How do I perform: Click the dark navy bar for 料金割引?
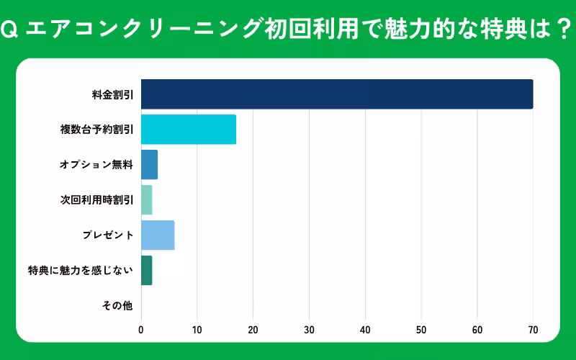(x=337, y=94)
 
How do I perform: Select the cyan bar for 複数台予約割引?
(x=189, y=130)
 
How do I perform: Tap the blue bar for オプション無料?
(x=149, y=165)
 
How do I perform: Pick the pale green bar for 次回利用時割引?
(x=146, y=200)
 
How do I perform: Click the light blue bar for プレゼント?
(x=158, y=235)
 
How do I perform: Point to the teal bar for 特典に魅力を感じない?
(x=146, y=271)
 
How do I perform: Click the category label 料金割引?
(x=112, y=94)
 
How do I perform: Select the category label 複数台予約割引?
(x=96, y=130)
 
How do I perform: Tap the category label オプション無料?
(x=96, y=165)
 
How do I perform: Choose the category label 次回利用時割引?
(x=96, y=200)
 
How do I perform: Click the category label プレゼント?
(x=108, y=235)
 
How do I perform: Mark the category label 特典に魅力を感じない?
(x=81, y=271)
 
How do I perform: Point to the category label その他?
(x=118, y=306)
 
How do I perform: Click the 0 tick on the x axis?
(x=141, y=330)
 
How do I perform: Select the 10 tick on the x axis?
(x=197, y=330)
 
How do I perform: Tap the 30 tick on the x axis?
(x=309, y=330)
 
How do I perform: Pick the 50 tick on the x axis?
(x=421, y=330)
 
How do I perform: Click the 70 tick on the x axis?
(x=533, y=330)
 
